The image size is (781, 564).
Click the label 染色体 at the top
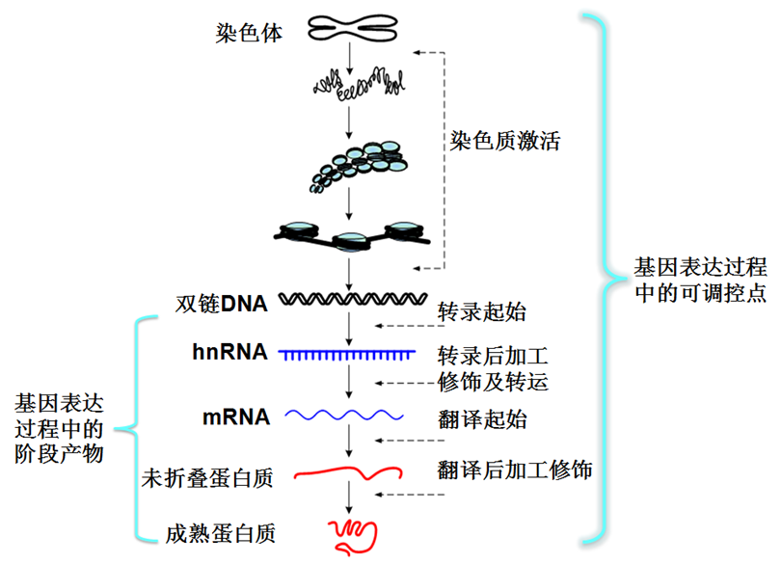click(x=249, y=34)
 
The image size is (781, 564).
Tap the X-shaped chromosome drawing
click(x=353, y=28)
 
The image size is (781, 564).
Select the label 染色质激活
click(x=504, y=141)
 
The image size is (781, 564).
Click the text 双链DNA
click(x=222, y=304)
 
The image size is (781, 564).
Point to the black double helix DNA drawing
click(x=353, y=299)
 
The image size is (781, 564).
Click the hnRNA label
click(x=230, y=352)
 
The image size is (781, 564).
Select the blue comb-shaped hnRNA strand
click(x=347, y=355)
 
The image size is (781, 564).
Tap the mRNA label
click(x=236, y=417)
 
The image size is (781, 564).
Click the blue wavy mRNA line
click(x=344, y=415)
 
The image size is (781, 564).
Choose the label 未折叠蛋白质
click(x=207, y=478)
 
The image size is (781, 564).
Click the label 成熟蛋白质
click(x=221, y=533)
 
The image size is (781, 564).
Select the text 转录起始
click(x=482, y=312)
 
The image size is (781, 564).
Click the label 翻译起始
click(x=482, y=419)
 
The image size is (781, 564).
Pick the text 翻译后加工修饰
click(x=515, y=470)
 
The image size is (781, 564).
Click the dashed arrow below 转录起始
click(x=410, y=326)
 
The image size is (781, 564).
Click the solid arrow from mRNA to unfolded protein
click(x=349, y=441)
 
